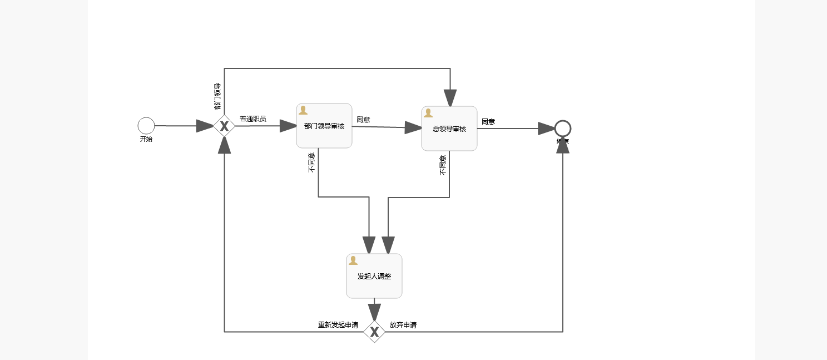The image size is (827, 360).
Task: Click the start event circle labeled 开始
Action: point(146,126)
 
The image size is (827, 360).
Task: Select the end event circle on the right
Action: point(563,129)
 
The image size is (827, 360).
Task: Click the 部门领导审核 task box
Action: point(324,126)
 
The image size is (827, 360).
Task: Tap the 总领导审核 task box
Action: point(449,129)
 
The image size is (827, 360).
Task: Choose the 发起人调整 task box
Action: point(374,276)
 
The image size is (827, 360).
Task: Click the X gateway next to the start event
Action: point(224,126)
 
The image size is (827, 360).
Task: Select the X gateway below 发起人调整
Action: point(374,332)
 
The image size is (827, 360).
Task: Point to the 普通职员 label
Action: point(252,119)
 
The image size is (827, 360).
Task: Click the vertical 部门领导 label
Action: point(217,96)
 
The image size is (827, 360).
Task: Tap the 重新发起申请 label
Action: point(338,325)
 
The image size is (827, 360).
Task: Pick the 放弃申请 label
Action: point(403,325)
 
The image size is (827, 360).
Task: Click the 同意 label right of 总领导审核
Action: point(488,121)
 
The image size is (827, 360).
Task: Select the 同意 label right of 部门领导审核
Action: point(363,119)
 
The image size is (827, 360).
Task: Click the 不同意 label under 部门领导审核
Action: point(311,162)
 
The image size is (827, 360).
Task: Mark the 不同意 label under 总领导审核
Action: point(443,165)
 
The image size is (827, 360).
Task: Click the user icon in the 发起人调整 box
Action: point(353,260)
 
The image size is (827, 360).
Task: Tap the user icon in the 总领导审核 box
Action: point(428,113)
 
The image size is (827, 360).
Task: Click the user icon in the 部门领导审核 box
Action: point(303,110)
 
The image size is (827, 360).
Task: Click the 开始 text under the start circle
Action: point(146,139)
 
